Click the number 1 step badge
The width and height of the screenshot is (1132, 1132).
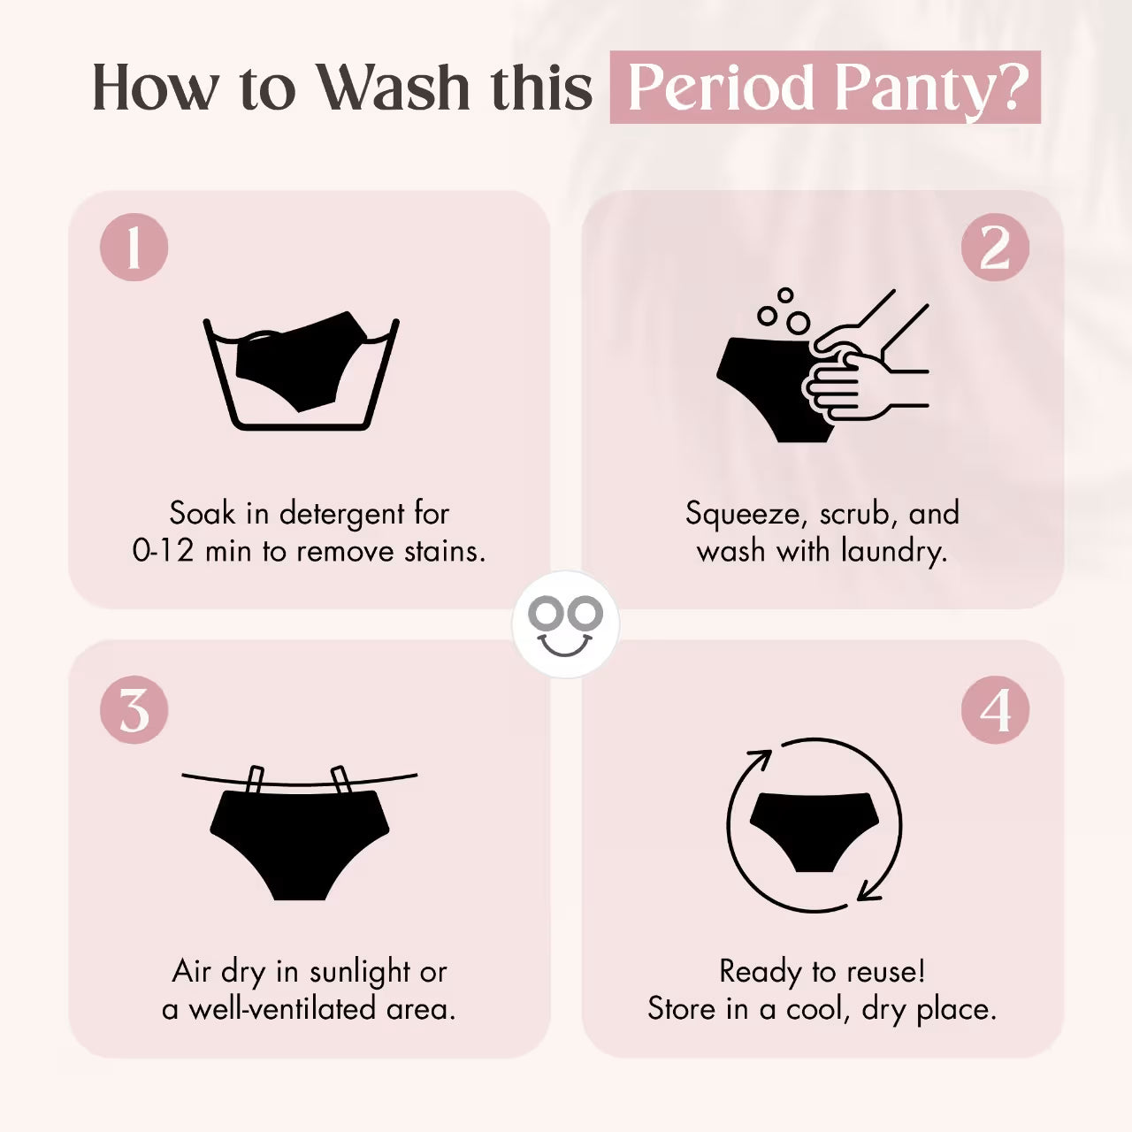[134, 247]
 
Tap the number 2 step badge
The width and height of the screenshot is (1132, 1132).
[995, 247]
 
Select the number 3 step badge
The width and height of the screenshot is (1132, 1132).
[134, 709]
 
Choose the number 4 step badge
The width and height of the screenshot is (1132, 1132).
[995, 709]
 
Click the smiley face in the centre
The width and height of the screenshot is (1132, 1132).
[565, 623]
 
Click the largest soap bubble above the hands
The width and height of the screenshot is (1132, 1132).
[799, 322]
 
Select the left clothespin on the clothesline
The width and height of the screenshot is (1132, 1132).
[255, 779]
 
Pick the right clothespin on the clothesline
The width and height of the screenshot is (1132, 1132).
[340, 779]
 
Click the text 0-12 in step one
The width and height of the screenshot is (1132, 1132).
[163, 550]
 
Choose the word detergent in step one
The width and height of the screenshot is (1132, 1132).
[342, 514]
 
